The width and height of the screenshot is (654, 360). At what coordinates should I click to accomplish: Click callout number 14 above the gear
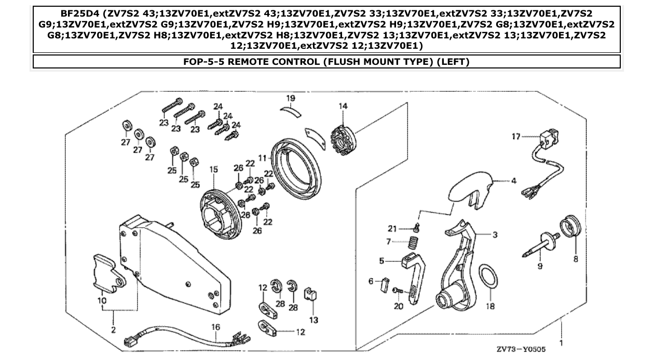click(x=343, y=106)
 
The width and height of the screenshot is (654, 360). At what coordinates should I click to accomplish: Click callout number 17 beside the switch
click(x=515, y=137)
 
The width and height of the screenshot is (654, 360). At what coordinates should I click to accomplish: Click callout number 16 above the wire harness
click(x=216, y=327)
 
